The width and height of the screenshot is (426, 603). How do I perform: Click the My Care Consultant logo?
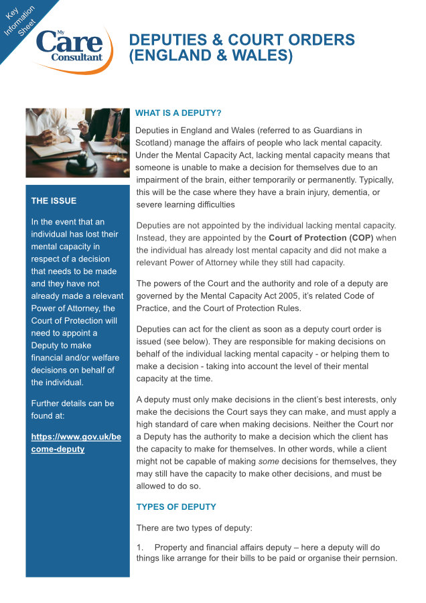pyautogui.click(x=70, y=46)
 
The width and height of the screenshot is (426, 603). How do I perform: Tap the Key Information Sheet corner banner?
pyautogui.click(x=24, y=24)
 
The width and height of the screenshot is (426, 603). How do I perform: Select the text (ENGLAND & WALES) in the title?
pyautogui.click(x=211, y=56)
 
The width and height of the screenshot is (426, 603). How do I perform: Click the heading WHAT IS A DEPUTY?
pyautogui.click(x=178, y=113)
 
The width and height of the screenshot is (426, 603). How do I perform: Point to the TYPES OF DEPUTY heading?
pyautogui.click(x=176, y=507)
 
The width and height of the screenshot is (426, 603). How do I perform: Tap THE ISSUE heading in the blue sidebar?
pyautogui.click(x=54, y=200)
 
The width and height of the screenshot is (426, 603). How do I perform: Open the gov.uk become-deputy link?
pyautogui.click(x=76, y=442)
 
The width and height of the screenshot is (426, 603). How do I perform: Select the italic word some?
pyautogui.click(x=268, y=462)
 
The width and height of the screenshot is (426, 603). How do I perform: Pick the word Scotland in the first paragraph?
pyautogui.click(x=154, y=143)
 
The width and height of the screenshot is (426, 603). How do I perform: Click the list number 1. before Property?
pyautogui.click(x=140, y=547)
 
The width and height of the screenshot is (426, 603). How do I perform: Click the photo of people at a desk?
pyautogui.click(x=77, y=142)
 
